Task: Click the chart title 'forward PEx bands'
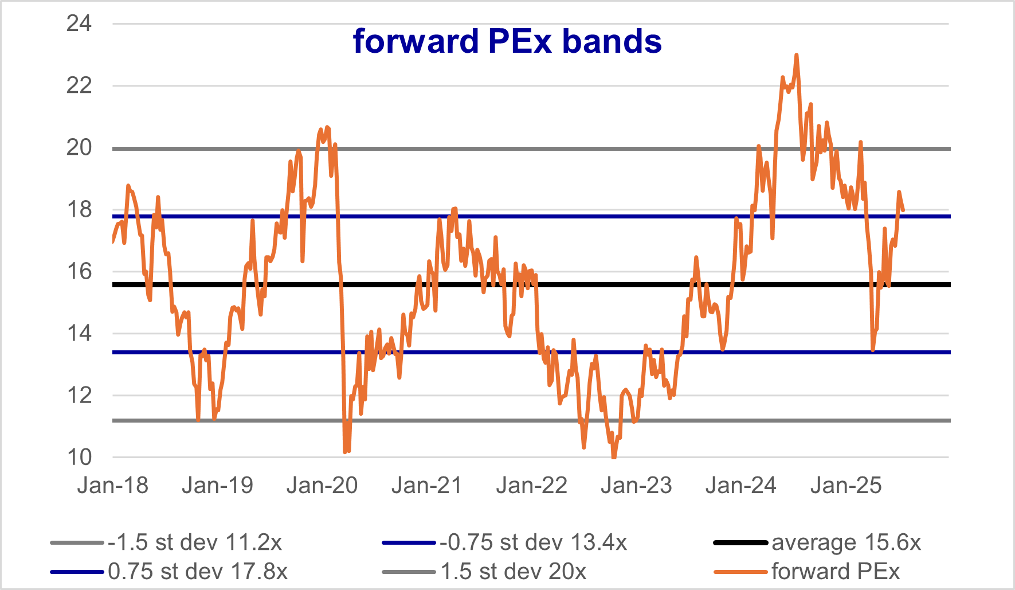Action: click(x=507, y=41)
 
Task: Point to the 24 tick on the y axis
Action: click(x=79, y=24)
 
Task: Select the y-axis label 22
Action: click(x=79, y=85)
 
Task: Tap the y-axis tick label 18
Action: click(x=79, y=209)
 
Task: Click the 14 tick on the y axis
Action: click(x=79, y=333)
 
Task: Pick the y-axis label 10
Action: click(x=79, y=457)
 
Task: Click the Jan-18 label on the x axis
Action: click(x=112, y=486)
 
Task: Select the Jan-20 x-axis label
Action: click(x=322, y=486)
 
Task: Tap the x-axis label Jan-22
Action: click(x=531, y=486)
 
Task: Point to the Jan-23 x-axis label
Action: click(x=636, y=486)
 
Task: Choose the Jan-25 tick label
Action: click(x=846, y=486)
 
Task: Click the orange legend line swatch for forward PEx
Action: click(x=740, y=572)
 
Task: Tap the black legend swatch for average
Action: click(x=740, y=542)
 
